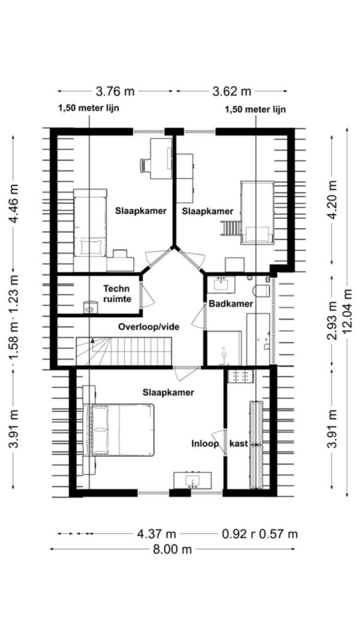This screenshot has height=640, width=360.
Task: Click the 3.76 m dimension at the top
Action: [115, 91]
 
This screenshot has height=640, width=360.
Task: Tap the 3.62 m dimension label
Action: [232, 91]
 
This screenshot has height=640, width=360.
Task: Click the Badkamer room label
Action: [231, 304]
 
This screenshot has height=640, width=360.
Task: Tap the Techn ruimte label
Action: [116, 292]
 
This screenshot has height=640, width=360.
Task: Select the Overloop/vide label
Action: [149, 327]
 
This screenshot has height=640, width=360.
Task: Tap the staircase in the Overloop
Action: [124, 350]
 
